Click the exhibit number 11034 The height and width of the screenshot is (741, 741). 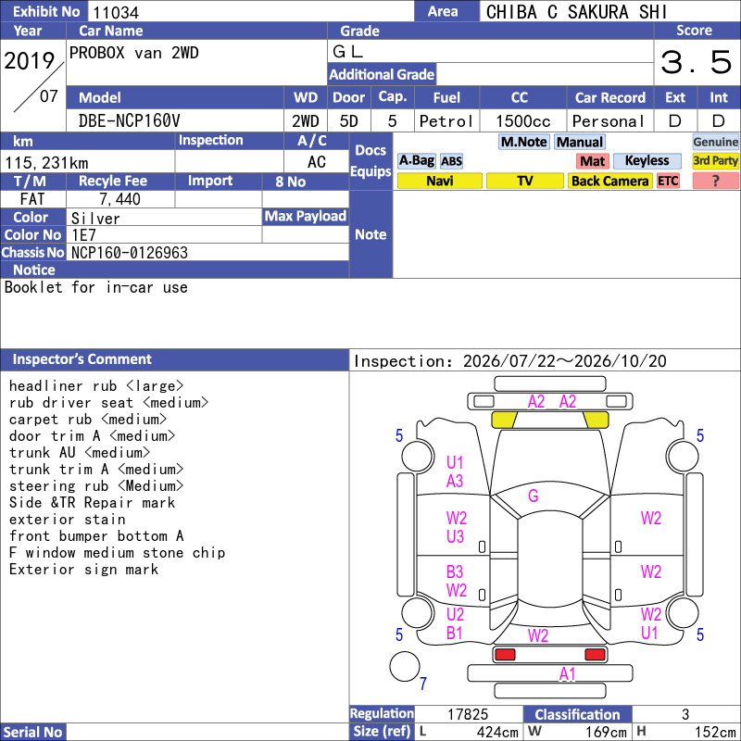pos(116,12)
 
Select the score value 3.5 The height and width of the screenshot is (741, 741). pos(697,62)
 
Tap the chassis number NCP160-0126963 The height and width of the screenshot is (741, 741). pos(130,253)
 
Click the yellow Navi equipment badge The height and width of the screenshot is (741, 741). pos(439,181)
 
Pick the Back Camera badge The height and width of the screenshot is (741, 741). pos(609,181)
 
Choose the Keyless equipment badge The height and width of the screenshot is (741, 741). pos(647,161)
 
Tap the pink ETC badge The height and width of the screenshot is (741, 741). pos(668,181)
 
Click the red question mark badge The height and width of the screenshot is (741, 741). pos(715,181)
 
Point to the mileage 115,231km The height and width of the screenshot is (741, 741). pos(47,163)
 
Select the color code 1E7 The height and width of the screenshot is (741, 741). pos(83,235)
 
